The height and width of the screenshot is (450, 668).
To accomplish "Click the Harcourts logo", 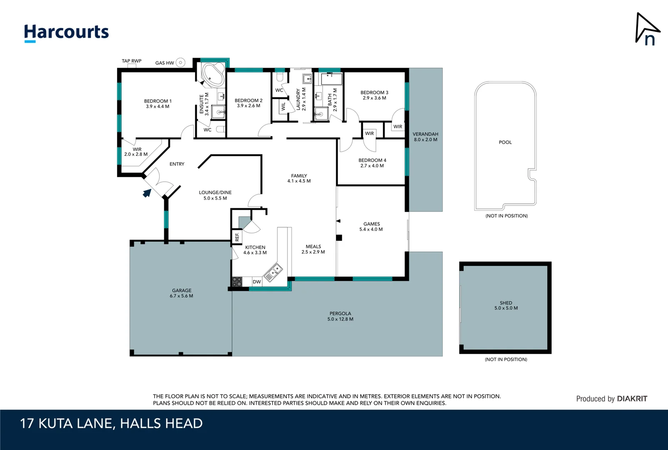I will tap(66, 32).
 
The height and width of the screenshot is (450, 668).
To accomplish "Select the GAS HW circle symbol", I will tap(180, 62).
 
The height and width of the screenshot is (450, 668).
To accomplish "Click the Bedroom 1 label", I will tap(158, 101).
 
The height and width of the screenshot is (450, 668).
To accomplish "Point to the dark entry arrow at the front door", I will tap(147, 193).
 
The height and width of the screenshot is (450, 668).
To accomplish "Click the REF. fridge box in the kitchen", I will tap(237, 236).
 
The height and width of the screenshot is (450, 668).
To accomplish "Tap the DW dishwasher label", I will tap(257, 282).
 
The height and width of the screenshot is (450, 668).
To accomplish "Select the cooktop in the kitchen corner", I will tap(237, 282).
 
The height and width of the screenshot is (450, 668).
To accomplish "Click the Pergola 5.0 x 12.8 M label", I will tap(340, 316).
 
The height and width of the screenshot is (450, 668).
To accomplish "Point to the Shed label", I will tap(506, 303).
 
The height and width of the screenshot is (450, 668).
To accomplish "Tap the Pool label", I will tap(505, 142).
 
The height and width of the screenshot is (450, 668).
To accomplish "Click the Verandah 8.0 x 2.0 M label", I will tap(425, 137).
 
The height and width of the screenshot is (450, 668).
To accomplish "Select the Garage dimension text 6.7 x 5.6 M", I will tap(181, 296).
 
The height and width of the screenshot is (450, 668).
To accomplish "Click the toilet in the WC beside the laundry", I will tap(280, 77).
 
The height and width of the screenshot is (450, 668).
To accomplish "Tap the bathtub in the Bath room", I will tap(332, 78).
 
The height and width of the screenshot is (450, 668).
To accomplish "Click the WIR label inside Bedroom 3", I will tap(398, 127).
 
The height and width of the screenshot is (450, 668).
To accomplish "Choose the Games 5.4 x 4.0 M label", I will tap(371, 226).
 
